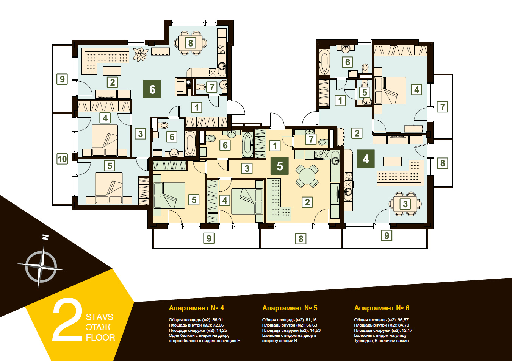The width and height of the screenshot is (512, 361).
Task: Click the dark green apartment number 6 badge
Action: tap(152, 89)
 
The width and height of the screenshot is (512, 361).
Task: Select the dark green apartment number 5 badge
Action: tap(280, 166)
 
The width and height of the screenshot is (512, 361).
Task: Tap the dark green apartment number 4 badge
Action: tap(365, 159)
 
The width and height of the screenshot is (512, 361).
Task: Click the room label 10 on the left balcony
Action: tap(62, 159)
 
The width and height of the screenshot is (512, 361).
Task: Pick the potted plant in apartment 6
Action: tap(140, 54)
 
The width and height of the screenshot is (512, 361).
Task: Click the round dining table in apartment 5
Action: tap(307, 176)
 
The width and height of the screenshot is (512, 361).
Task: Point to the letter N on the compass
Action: tap(46, 237)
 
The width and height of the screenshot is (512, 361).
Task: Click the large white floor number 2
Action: tap(67, 319)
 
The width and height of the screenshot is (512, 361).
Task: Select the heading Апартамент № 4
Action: tap(196, 308)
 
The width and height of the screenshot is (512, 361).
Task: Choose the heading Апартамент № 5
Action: tap(290, 308)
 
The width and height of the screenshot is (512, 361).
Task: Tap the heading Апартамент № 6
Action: tap(382, 308)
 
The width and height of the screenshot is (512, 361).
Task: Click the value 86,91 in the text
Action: tap(218, 320)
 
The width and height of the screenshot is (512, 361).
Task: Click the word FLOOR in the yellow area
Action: tap(100, 338)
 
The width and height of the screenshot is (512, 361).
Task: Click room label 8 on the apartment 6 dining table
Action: tap(190, 43)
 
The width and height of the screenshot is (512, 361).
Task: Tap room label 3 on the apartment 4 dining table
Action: tap(405, 204)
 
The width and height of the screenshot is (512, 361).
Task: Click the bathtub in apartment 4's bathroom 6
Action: tap(324, 62)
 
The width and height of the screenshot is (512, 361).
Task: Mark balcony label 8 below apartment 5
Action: tap(301, 239)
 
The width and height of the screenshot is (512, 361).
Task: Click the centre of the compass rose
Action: tap(41, 267)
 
